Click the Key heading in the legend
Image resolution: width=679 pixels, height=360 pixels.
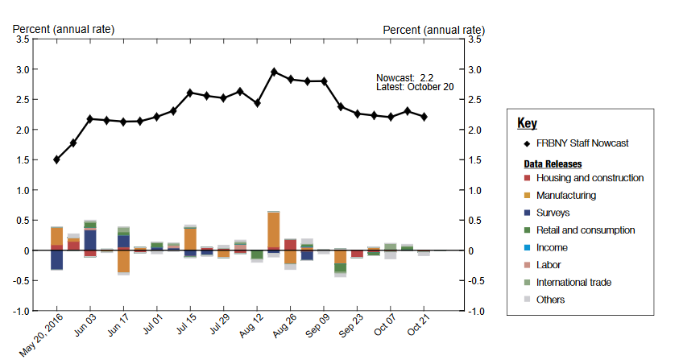pyautogui.click(x=527, y=123)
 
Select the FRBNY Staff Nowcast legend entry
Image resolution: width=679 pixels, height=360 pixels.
pyautogui.click(x=582, y=143)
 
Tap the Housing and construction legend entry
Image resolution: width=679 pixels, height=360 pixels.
pyautogui.click(x=590, y=178)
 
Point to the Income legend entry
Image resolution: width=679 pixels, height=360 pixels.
pyautogui.click(x=552, y=248)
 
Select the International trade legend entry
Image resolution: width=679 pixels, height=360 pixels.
pyautogui.click(x=573, y=282)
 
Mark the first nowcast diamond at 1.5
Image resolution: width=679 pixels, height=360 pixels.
pyautogui.click(x=56, y=159)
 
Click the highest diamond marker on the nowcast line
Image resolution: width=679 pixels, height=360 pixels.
pyautogui.click(x=274, y=72)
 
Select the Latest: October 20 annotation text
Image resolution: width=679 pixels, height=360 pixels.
pyautogui.click(x=415, y=87)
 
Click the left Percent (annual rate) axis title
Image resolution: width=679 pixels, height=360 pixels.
pyautogui.click(x=64, y=30)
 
